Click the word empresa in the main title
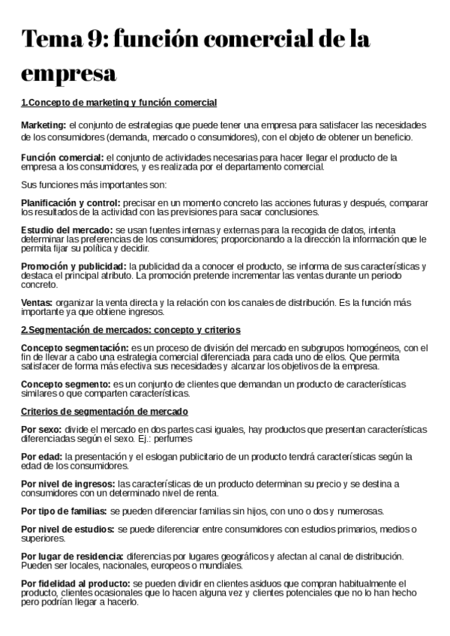[68, 75]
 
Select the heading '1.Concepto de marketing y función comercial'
[118, 102]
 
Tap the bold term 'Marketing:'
[43, 124]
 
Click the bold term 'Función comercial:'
[62, 157]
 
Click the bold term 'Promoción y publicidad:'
[73, 266]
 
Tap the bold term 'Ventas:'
[37, 302]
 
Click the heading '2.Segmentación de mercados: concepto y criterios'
[130, 330]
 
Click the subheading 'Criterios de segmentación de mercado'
[104, 412]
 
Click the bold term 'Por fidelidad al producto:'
[75, 583]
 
